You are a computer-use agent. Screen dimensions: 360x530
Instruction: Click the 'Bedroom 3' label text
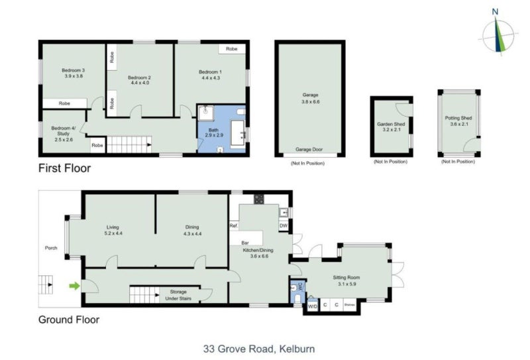74,73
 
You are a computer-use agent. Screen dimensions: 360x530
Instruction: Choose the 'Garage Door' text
309,150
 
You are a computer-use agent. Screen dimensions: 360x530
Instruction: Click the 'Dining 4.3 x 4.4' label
192,230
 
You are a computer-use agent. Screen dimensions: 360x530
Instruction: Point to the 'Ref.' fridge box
233,226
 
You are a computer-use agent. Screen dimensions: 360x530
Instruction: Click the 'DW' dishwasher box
283,226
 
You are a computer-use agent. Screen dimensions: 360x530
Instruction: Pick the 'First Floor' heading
64,168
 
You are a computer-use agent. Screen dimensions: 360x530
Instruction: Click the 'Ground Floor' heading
69,320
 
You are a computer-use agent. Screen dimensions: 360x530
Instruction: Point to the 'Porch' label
50,249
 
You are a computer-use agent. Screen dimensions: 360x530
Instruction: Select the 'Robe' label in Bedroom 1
232,49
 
